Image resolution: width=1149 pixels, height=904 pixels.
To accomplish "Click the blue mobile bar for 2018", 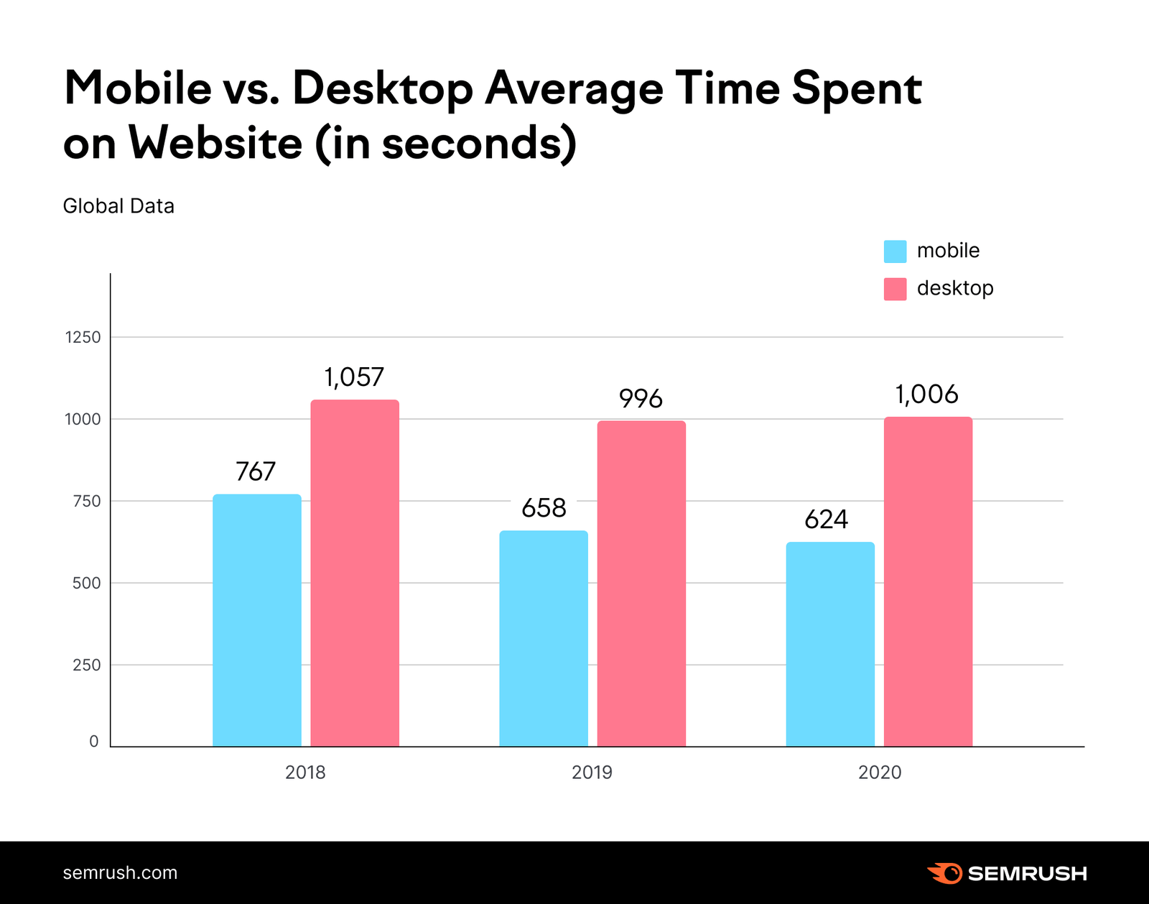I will tap(256, 620).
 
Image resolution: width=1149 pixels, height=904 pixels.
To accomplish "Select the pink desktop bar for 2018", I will tap(355, 573).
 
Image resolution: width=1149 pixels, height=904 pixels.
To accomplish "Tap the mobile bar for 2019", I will tap(544, 638).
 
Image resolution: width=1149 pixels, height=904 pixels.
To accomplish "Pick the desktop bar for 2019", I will tap(641, 584).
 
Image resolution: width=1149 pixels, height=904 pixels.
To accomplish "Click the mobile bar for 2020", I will tap(830, 644).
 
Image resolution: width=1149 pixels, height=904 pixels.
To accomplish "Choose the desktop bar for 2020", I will tap(928, 581).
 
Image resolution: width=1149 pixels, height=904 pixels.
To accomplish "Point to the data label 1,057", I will tap(354, 377).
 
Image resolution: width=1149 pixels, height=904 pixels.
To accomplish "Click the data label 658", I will tap(544, 508).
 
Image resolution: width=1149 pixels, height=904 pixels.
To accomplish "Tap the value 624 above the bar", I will tap(826, 520).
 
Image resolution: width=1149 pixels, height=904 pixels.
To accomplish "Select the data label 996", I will tap(641, 398).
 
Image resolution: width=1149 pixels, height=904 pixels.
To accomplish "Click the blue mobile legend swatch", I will tap(895, 251).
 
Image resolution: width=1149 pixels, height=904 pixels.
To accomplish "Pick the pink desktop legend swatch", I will tap(895, 289).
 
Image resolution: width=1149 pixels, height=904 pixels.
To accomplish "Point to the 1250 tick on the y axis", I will tap(83, 337).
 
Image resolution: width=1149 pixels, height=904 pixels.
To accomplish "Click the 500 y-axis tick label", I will tap(86, 583).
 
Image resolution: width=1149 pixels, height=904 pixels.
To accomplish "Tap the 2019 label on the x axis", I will tap(592, 772).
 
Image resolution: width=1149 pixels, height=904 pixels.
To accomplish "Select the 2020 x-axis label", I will tap(879, 772).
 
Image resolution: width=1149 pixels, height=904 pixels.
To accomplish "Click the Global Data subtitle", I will tap(118, 206).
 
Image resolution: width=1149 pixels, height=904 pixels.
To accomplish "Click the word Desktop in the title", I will tap(383, 88).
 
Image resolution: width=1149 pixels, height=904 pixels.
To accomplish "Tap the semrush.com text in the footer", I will tap(120, 873).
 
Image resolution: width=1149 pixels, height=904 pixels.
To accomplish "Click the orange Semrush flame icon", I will tap(944, 873).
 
